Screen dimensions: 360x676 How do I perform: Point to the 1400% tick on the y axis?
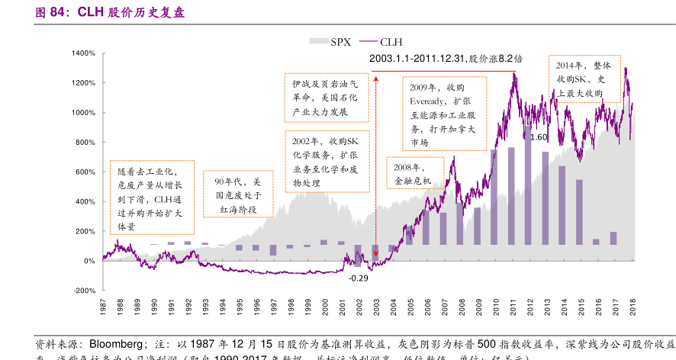click(84, 53)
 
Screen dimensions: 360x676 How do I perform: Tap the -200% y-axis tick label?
click(84, 291)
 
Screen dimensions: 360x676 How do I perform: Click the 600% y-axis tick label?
click(84, 172)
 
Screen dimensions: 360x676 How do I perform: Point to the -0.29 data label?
click(358, 278)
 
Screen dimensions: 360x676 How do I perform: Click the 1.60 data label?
click(539, 137)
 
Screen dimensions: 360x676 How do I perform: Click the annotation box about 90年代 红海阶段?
click(238, 195)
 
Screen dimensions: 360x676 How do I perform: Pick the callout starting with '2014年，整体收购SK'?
click(584, 79)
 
